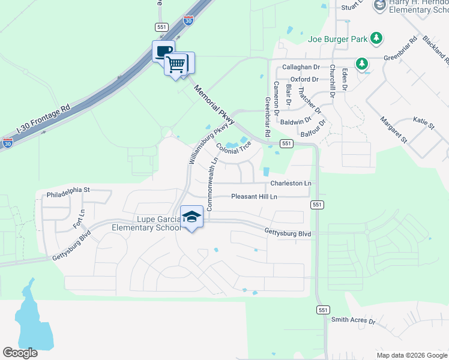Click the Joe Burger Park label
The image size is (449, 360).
pyautogui.click(x=337, y=39)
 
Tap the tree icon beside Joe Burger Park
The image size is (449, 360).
pyautogui.click(x=376, y=38)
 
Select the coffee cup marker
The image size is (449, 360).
pyautogui.click(x=164, y=50)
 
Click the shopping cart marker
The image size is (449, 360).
pyautogui.click(x=176, y=63)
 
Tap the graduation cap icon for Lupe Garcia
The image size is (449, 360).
pyautogui.click(x=191, y=217)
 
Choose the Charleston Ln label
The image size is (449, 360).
pyautogui.click(x=291, y=183)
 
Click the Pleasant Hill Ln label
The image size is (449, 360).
pyautogui.click(x=255, y=197)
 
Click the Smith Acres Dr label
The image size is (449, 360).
pyautogui.click(x=354, y=320)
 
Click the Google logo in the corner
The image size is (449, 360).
pyautogui.click(x=20, y=353)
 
